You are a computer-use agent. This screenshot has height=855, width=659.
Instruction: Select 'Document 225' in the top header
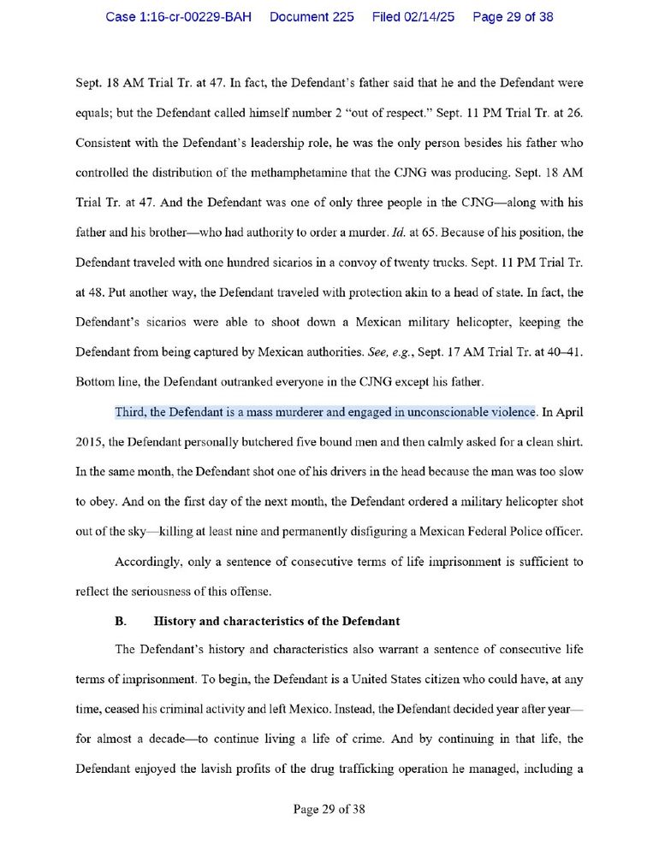point(312,17)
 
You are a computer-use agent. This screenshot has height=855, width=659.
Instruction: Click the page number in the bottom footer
point(329,809)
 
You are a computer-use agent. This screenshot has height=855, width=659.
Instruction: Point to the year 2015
point(90,442)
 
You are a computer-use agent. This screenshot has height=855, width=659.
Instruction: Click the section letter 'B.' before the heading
point(122,620)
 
